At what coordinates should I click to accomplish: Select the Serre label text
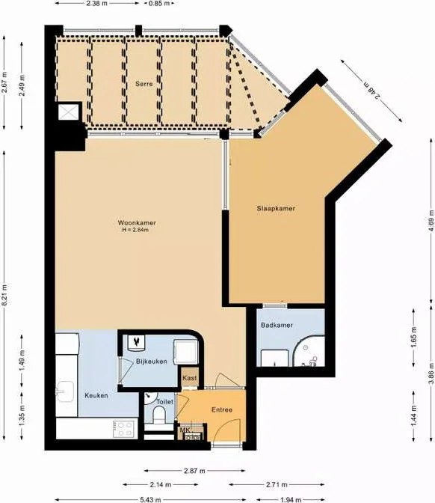(144, 84)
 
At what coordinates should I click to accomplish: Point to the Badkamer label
(276, 326)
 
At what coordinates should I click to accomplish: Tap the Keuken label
(96, 395)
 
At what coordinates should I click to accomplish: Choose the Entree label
(221, 409)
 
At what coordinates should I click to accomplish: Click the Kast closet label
(190, 378)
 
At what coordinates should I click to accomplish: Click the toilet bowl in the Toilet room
(158, 417)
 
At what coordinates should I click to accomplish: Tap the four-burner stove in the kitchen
(123, 430)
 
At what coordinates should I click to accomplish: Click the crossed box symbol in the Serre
(70, 112)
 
